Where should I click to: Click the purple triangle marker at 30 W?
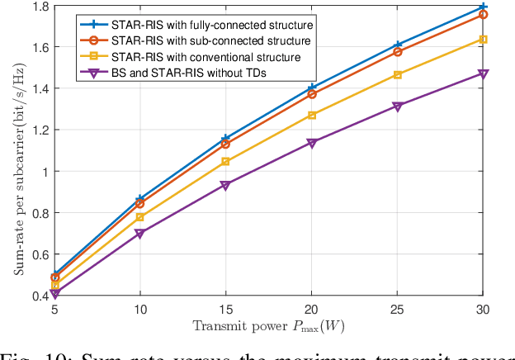484,73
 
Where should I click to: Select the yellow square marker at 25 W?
398,75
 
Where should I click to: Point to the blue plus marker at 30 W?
484,7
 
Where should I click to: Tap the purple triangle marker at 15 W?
226,185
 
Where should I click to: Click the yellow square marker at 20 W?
312,115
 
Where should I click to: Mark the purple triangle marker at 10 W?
140,234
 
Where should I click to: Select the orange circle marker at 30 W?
484,15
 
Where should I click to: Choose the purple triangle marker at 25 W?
398,107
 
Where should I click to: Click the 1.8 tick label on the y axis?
38,7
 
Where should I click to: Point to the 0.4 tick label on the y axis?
38,296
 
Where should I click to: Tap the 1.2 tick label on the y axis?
38,130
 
